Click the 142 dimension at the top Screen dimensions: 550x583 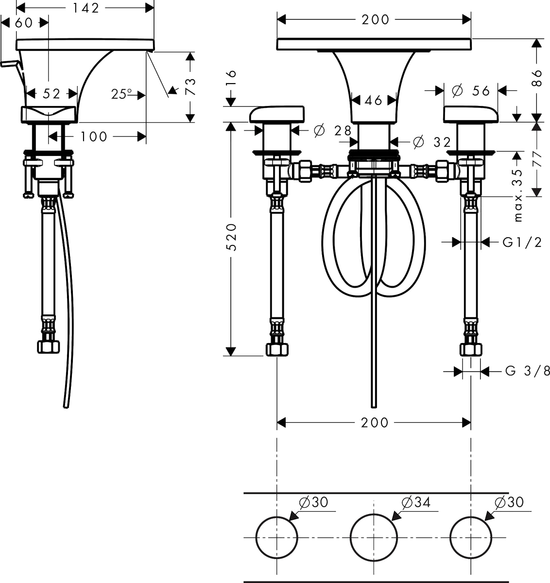86,8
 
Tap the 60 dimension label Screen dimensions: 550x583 24,23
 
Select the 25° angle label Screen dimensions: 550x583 121,94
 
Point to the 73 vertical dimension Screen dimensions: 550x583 190,86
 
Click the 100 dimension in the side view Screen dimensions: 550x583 94,137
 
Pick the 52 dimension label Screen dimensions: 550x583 52,94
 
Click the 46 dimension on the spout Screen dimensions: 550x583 374,101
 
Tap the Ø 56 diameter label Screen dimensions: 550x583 471,91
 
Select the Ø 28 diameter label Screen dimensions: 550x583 332,131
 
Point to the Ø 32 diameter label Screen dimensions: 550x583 432,142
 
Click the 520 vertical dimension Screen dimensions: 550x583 231,237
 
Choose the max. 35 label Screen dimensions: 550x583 518,195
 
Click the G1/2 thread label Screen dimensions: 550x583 522,242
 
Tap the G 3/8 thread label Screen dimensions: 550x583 527,371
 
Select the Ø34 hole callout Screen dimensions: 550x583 415,502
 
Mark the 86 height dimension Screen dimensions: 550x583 536,78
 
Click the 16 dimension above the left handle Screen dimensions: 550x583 231,78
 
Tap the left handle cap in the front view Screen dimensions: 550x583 277,114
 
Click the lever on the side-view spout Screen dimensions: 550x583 12,69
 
